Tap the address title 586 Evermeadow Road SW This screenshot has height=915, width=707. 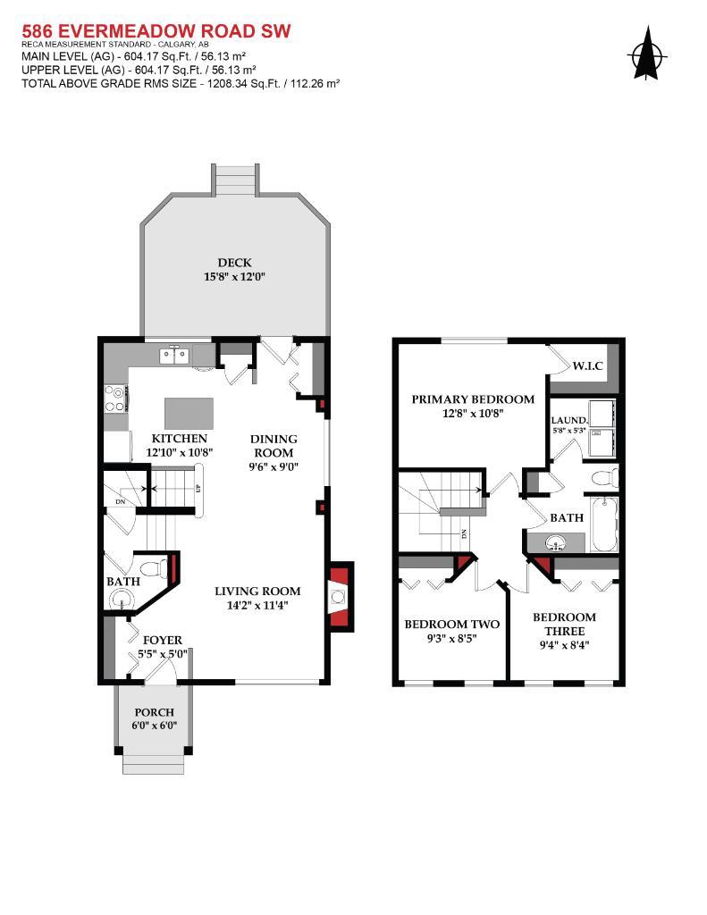click(156, 31)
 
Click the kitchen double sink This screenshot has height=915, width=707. click(174, 356)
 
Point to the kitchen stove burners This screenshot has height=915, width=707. click(115, 398)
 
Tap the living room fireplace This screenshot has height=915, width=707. click(339, 597)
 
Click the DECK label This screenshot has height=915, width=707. click(234, 263)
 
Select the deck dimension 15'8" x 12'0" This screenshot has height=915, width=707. click(234, 277)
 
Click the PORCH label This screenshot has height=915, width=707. click(155, 712)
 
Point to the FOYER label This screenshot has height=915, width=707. click(162, 640)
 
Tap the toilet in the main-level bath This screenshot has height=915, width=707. click(155, 567)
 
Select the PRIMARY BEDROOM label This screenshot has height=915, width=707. click(473, 399)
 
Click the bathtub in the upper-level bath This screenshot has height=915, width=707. click(602, 522)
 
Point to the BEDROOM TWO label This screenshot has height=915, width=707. click(451, 625)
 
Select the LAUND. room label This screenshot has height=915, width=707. click(568, 419)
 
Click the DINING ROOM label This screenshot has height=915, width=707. click(274, 445)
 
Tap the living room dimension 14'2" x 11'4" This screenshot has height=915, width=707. click(257, 605)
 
